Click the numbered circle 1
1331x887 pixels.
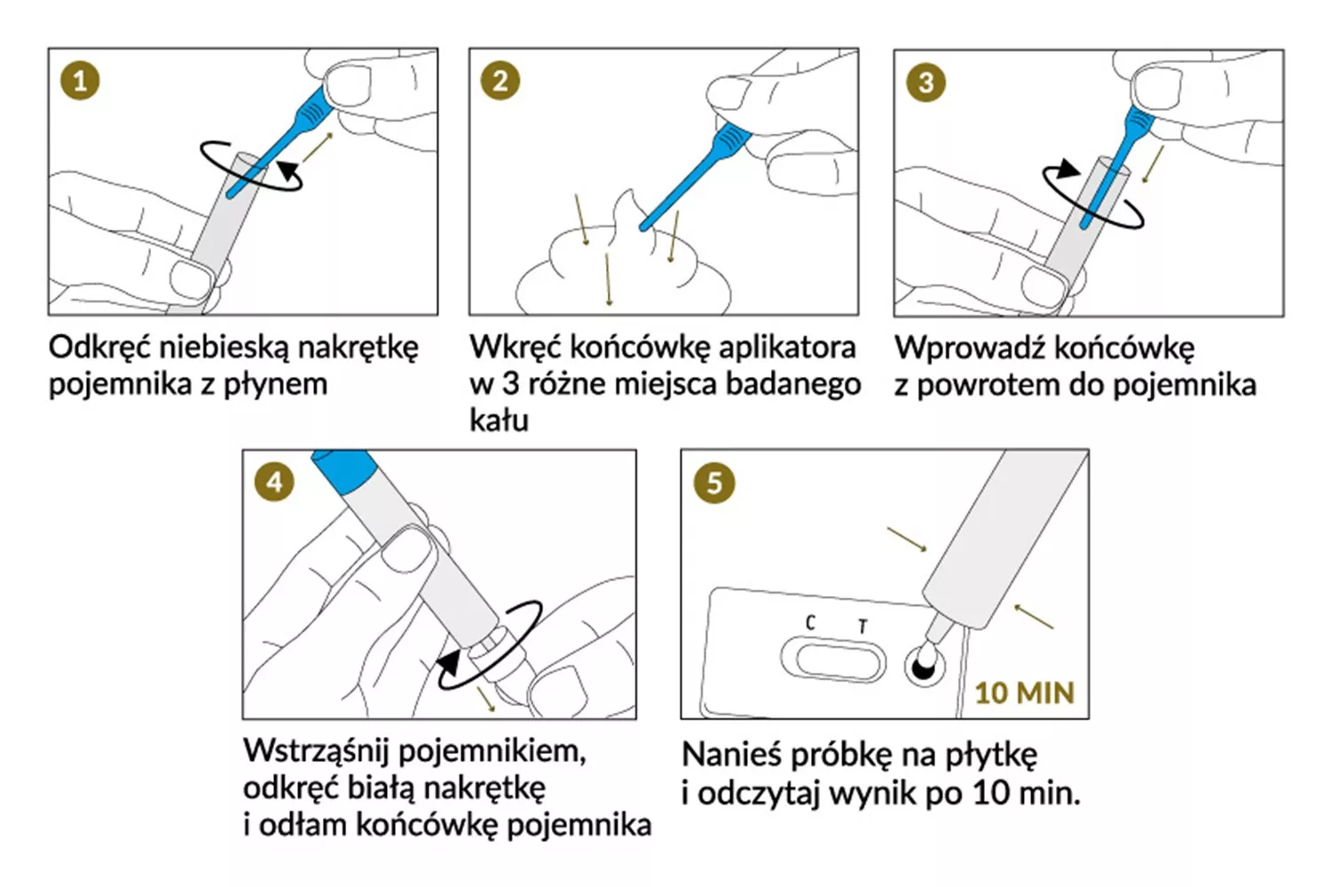(80, 81)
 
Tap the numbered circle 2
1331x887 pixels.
(500, 81)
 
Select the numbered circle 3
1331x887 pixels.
(925, 82)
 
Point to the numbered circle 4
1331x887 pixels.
(274, 482)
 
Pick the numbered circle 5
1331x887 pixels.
(714, 483)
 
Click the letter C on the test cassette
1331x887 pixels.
(810, 623)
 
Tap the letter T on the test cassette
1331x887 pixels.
(862, 626)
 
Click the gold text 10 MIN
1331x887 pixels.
(1025, 693)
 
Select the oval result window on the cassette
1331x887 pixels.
(833, 659)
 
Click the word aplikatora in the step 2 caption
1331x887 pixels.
(787, 348)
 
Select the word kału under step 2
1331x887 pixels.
(499, 420)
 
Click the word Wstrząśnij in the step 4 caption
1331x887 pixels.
(316, 751)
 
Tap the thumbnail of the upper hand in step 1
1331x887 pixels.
(349, 85)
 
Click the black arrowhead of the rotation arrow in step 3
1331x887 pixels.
(1067, 169)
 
